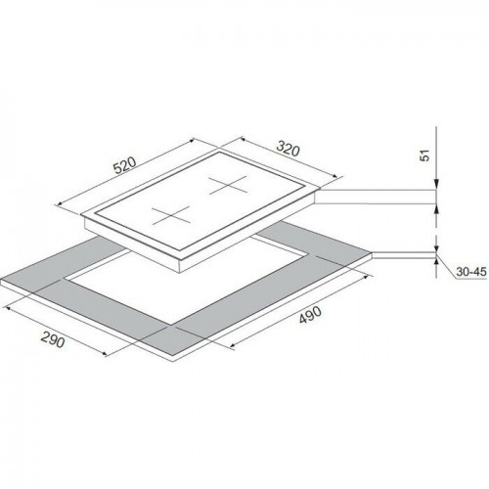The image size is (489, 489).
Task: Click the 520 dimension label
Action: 124,165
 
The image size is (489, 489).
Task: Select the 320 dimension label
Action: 288,149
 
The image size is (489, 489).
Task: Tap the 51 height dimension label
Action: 425,156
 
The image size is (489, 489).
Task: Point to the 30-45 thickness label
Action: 471,272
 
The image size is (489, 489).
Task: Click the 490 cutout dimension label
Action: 310,315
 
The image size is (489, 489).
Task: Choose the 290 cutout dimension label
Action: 53,340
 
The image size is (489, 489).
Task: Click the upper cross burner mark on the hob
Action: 228,185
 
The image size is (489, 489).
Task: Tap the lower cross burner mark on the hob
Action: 171,215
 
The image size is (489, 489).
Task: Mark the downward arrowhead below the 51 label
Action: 436,184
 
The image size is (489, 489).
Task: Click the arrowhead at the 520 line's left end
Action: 60,203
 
